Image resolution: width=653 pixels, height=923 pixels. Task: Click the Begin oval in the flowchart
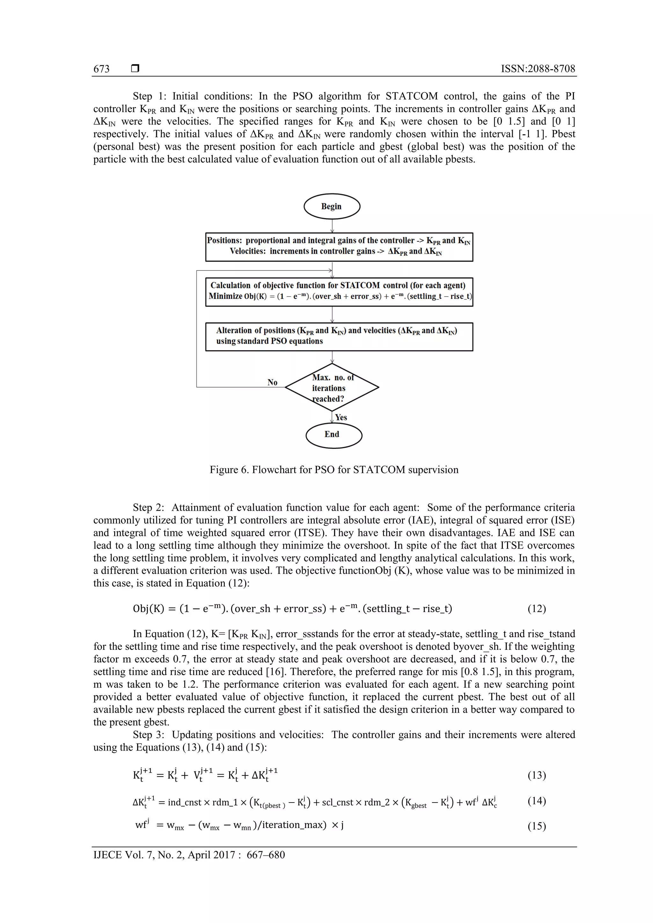tap(332, 206)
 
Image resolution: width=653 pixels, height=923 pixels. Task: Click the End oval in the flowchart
tap(334, 435)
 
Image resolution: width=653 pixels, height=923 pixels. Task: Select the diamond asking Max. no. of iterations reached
tap(332, 387)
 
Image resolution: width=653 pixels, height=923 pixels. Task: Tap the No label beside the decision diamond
tap(272, 382)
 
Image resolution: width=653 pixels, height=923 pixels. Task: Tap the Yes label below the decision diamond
tap(341, 417)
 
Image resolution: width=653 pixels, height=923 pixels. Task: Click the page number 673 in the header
tap(101, 69)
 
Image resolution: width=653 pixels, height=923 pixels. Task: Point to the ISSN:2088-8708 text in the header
tap(538, 69)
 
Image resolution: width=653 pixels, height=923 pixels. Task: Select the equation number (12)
tap(536, 609)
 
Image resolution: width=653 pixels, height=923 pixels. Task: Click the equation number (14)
tap(536, 800)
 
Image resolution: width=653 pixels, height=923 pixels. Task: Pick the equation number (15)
tap(536, 826)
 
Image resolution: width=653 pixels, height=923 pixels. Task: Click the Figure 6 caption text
tap(334, 470)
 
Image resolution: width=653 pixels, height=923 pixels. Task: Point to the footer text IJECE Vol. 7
tap(189, 855)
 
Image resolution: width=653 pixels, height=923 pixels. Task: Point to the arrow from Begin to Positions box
tap(332, 226)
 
